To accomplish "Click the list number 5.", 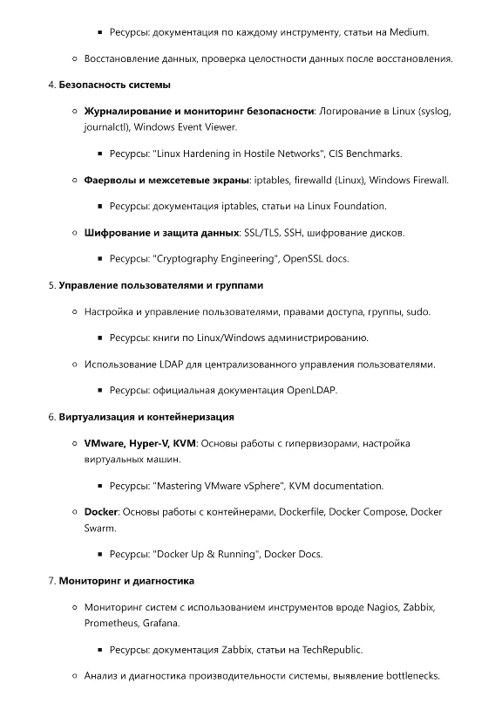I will point(51,285).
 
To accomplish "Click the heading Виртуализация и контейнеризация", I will point(146,417).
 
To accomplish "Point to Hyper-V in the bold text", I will point(151,443).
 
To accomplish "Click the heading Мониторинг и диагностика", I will point(126,580).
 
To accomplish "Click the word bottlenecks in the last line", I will point(410,675).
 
